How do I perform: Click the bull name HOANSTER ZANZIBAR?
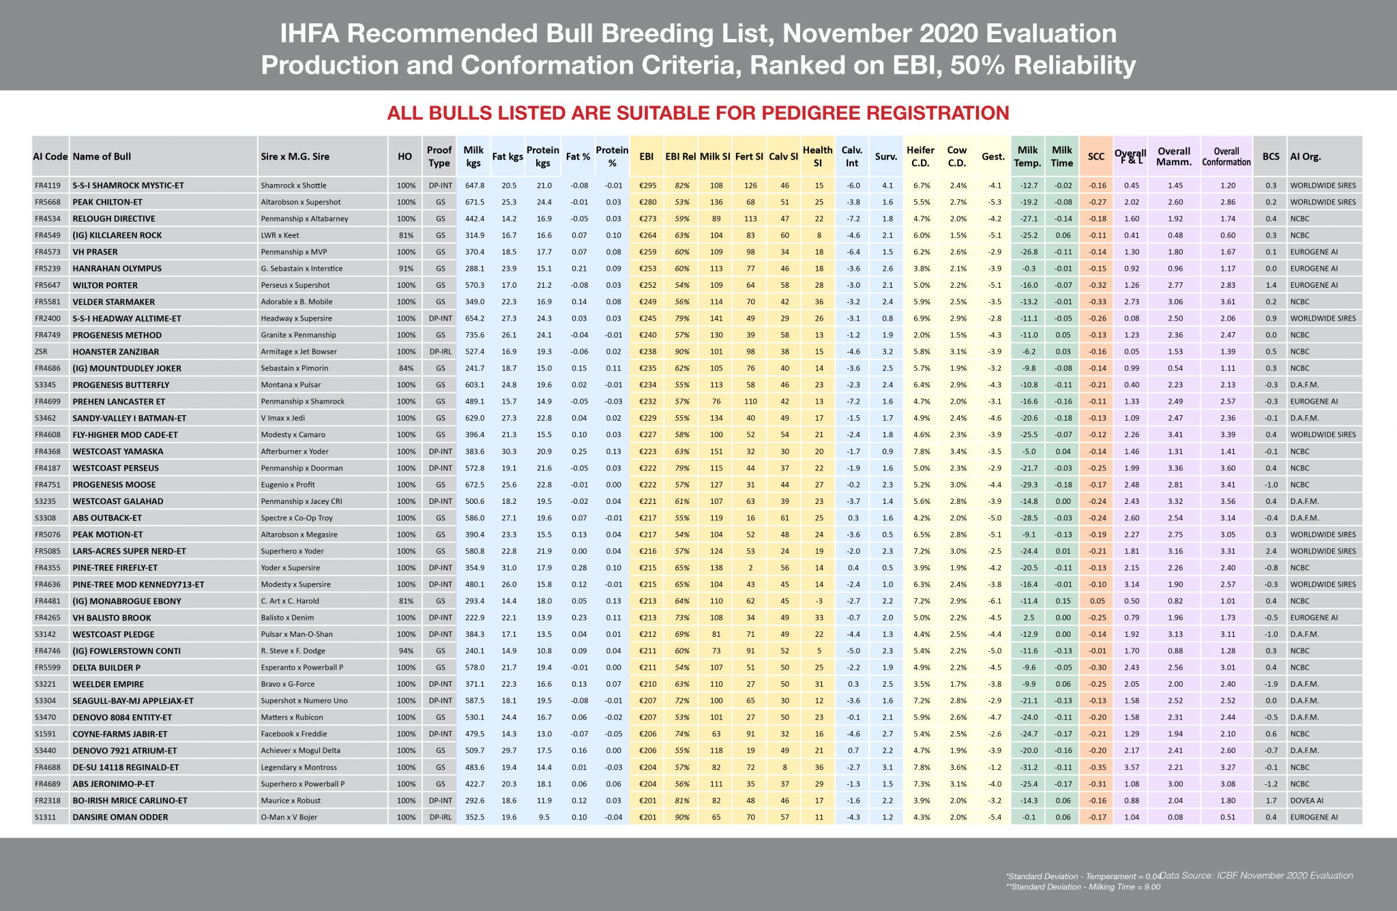pyautogui.click(x=116, y=352)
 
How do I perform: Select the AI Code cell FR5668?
pyautogui.click(x=48, y=202)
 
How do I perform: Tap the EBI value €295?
pyautogui.click(x=647, y=185)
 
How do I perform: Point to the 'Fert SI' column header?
pyautogui.click(x=749, y=157)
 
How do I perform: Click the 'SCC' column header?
pyautogui.click(x=1096, y=157)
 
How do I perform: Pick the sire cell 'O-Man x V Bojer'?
pyautogui.click(x=290, y=817)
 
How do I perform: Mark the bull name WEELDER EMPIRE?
pyautogui.click(x=108, y=684)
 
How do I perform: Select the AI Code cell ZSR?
pyautogui.click(x=41, y=352)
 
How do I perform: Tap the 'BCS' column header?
pyautogui.click(x=1271, y=157)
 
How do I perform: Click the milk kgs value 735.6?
pyautogui.click(x=473, y=335)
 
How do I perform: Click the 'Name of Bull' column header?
pyautogui.click(x=102, y=157)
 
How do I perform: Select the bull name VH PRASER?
pyautogui.click(x=95, y=252)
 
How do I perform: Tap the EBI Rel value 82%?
pyautogui.click(x=681, y=185)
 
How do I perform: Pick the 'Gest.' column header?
pyautogui.click(x=993, y=157)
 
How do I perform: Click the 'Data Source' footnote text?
pyautogui.click(x=1256, y=876)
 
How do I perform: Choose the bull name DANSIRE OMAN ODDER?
pyautogui.click(x=120, y=817)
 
